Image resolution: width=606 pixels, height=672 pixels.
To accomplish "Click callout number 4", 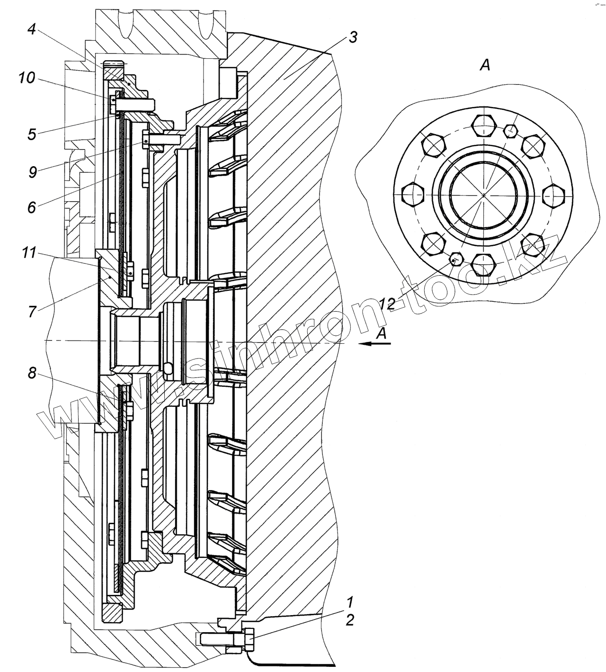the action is (32, 29).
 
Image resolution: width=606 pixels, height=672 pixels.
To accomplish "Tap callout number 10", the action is (27, 79).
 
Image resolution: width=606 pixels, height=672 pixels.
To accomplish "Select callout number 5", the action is (32, 134).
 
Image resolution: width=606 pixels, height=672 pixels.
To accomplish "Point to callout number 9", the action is (33, 172).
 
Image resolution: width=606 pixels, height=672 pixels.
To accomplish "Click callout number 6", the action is (32, 207).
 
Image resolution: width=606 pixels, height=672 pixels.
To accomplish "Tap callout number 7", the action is (32, 312).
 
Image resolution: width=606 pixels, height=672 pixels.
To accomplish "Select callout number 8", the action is (32, 373).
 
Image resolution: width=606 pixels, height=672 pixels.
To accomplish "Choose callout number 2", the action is (349, 620).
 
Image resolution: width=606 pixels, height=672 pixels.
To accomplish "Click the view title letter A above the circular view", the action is (485, 66).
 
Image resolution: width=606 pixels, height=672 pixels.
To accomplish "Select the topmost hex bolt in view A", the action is (483, 125).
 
